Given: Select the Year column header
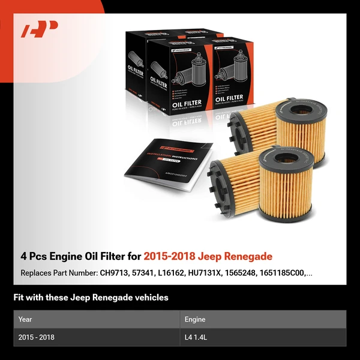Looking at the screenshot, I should [x=26, y=319].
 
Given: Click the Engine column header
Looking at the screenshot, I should [x=196, y=319].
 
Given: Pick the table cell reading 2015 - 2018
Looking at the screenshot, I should [x=37, y=337].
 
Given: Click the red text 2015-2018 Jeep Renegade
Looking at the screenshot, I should [x=208, y=256].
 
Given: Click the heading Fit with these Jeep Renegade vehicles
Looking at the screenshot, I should [x=91, y=298].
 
